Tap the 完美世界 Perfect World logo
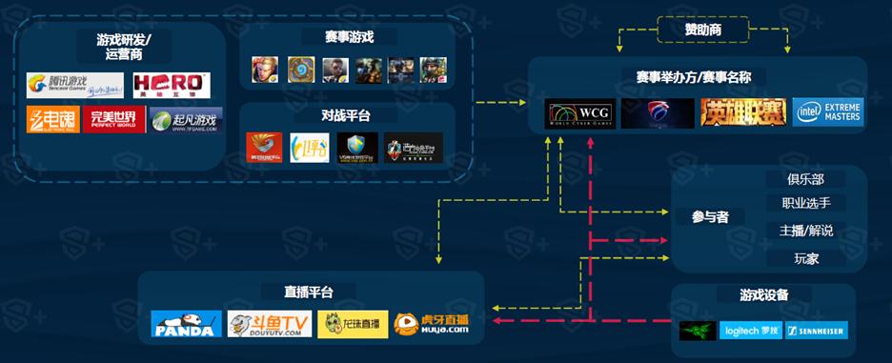(x=112, y=120)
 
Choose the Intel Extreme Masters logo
(x=827, y=112)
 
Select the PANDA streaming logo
(x=186, y=324)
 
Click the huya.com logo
(x=433, y=324)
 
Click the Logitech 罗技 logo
(x=750, y=331)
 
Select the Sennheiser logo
(x=816, y=331)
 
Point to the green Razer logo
(x=698, y=331)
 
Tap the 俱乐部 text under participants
(x=805, y=179)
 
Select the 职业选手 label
(x=805, y=203)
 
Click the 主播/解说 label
(x=805, y=231)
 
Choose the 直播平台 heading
(x=308, y=292)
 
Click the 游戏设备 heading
(x=764, y=295)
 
